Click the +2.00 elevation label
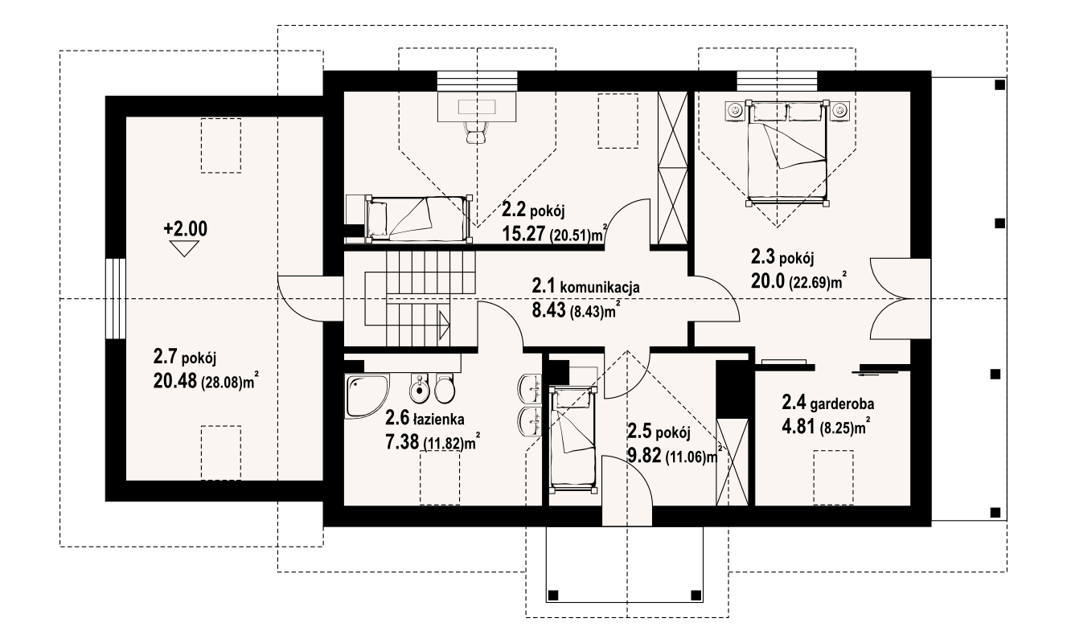point(185,229)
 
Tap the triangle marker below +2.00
point(185,248)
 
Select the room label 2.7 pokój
point(185,357)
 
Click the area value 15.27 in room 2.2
point(523,234)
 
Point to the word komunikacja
point(600,287)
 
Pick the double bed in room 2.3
point(787,154)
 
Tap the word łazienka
point(439,419)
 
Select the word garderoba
point(842,404)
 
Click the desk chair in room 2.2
point(476,132)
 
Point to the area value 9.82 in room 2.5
point(645,457)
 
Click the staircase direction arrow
point(444,326)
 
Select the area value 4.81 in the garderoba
point(798,427)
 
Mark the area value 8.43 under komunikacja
point(548,310)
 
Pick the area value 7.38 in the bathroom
point(401,443)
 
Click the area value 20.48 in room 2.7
point(174,380)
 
